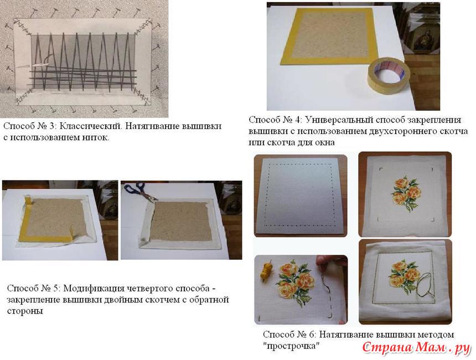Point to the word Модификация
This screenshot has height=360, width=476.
[94, 288]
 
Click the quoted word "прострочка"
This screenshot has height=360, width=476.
[292, 346]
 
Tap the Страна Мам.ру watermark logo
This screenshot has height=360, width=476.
[416, 348]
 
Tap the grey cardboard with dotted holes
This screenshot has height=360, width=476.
[300, 196]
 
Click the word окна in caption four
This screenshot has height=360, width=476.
[324, 142]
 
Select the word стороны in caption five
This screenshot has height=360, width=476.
[25, 311]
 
